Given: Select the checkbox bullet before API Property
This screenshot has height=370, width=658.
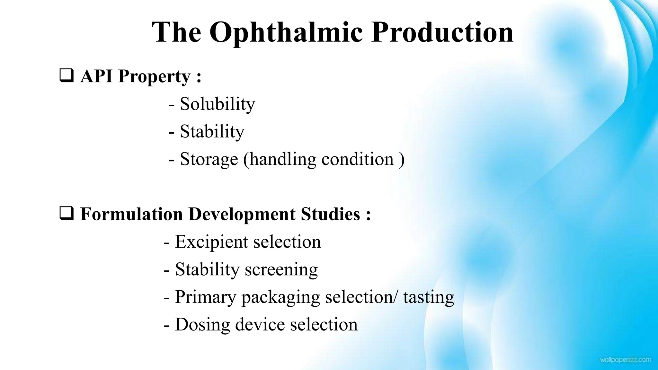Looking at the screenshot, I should (67, 76).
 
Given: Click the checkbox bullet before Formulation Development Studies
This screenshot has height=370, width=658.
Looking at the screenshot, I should (67, 214).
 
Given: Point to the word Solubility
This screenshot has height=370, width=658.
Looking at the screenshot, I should (217, 104).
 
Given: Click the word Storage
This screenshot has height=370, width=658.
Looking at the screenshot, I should (209, 159).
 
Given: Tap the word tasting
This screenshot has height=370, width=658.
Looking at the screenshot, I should (429, 297).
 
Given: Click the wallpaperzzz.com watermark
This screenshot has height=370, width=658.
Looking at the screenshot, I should (625, 360).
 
